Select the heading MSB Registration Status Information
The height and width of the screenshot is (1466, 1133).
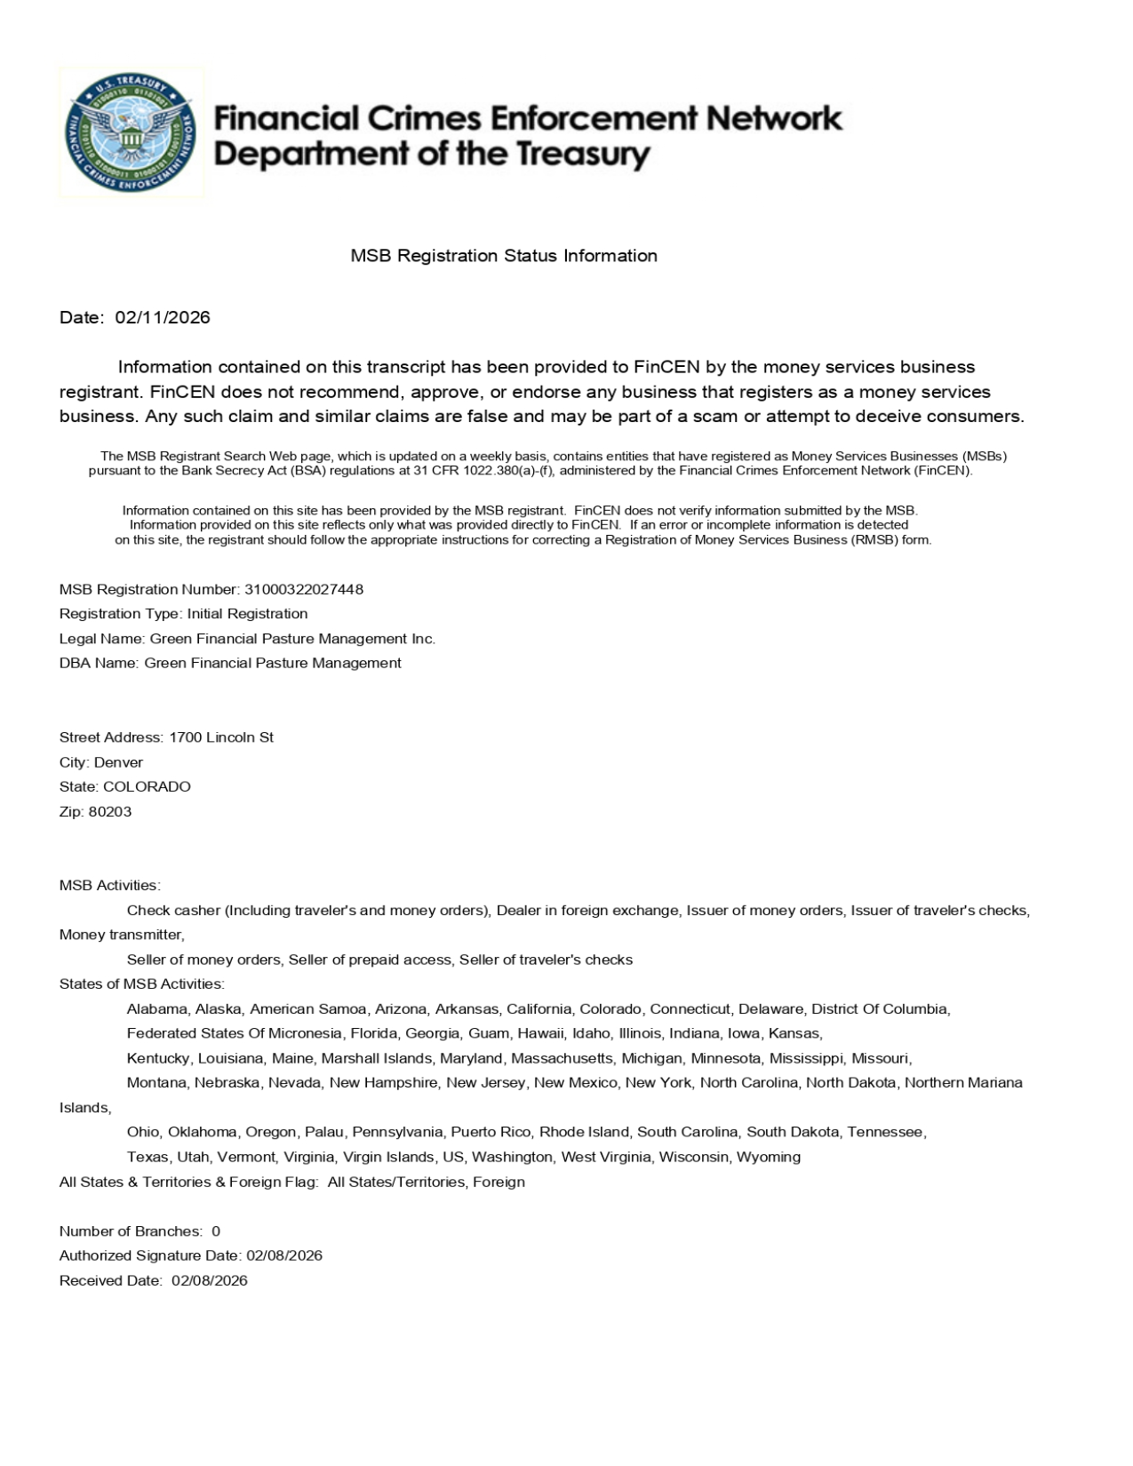pos(504,256)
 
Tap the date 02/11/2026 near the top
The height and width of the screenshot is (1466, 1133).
pos(163,317)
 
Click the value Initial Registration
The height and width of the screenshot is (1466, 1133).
pos(248,614)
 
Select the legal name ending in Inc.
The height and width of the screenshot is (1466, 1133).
pos(292,639)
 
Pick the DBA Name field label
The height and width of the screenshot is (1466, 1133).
pos(100,663)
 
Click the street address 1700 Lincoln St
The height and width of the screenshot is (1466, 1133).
pos(221,737)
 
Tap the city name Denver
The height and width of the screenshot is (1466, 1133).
pos(118,762)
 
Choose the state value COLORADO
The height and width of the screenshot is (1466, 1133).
pos(147,787)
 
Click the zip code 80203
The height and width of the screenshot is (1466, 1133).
pos(110,811)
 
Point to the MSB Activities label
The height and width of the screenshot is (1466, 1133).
pos(109,886)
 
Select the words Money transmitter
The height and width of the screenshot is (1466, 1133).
pos(121,935)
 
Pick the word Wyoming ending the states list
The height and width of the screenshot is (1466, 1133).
pos(769,1157)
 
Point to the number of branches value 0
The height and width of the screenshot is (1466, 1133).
pos(216,1231)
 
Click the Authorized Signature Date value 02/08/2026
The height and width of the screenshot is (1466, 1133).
pos(284,1255)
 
